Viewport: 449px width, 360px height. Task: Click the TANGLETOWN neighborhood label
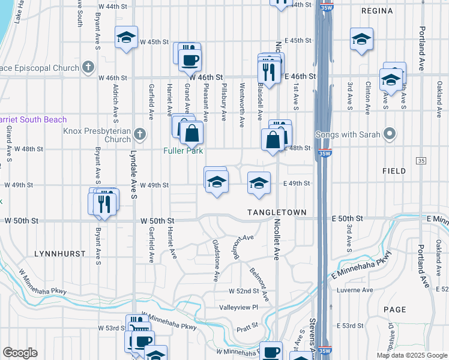point(277,213)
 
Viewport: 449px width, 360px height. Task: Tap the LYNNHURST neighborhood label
point(60,254)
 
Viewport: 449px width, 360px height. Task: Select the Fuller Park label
point(183,151)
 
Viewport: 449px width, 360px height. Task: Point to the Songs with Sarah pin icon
point(390,133)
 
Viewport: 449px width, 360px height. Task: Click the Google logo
point(20,353)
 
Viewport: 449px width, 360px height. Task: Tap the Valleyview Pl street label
point(238,307)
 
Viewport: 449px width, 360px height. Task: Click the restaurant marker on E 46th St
point(268,72)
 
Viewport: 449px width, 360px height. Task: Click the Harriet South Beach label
point(34,119)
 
